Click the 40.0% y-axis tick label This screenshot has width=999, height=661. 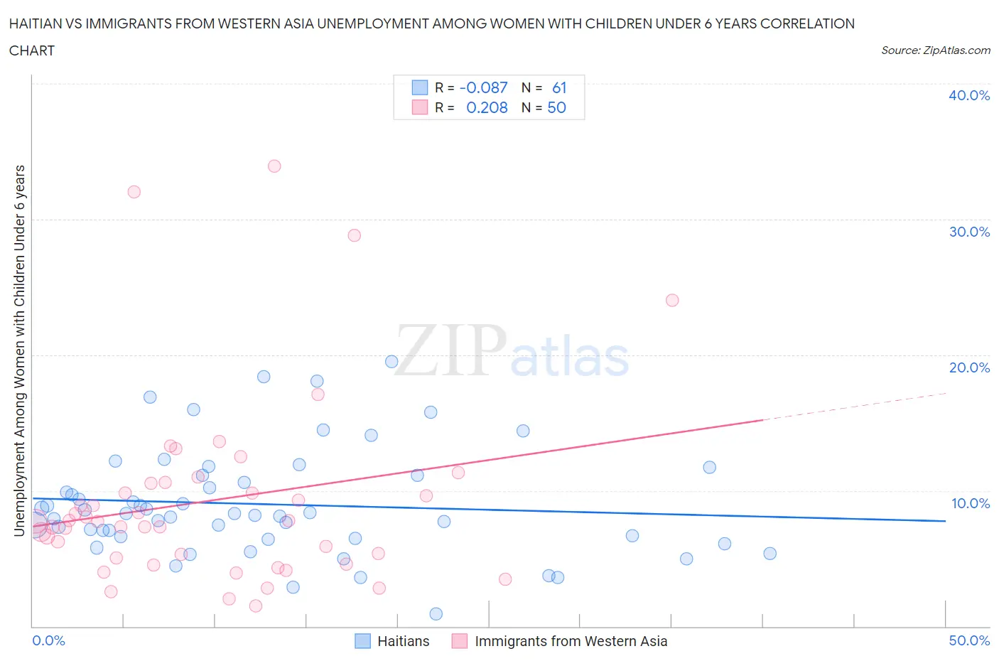(968, 95)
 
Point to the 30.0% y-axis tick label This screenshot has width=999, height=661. (968, 232)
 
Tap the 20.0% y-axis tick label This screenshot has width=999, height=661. (968, 367)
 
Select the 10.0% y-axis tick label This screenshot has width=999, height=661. (970, 503)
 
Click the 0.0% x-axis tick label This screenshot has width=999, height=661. (48, 640)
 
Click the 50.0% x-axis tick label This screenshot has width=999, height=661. (968, 640)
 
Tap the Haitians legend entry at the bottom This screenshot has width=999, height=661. (392, 641)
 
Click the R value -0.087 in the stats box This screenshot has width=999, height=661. (483, 87)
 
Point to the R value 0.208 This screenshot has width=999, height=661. (487, 107)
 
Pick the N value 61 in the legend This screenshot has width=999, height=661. (559, 87)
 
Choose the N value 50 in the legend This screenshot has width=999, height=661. (556, 107)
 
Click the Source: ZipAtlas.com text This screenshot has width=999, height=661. (935, 50)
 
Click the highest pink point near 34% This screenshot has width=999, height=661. (274, 166)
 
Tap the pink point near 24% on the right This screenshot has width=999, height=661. (672, 300)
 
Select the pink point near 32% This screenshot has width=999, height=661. (134, 192)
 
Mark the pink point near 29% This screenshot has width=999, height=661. (355, 235)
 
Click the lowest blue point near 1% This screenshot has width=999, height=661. (436, 614)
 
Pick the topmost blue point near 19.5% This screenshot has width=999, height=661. (391, 362)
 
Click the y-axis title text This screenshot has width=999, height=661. (19, 350)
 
